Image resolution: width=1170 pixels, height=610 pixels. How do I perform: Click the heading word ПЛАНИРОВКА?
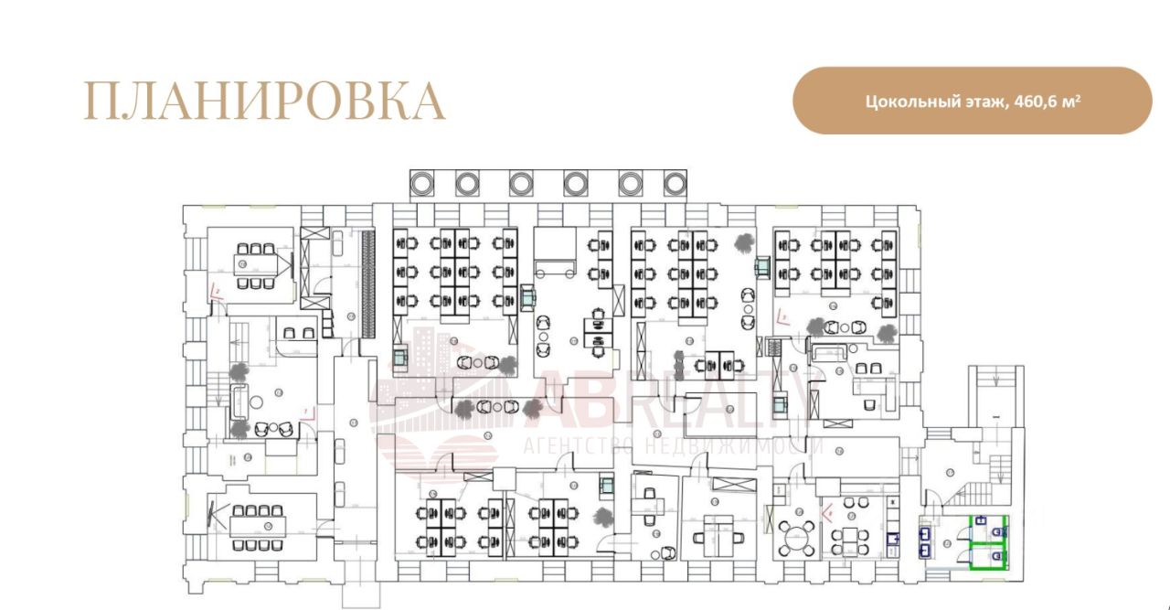264,102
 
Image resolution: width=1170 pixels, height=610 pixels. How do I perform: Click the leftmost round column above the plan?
423,183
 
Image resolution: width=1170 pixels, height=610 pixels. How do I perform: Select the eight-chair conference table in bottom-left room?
257,527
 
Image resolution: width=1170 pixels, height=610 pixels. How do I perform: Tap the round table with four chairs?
797,533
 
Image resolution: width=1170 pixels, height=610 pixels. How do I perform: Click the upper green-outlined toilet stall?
988,528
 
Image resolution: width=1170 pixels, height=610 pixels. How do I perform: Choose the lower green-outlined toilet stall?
988,556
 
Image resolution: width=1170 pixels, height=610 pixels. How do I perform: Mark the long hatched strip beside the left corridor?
368,283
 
